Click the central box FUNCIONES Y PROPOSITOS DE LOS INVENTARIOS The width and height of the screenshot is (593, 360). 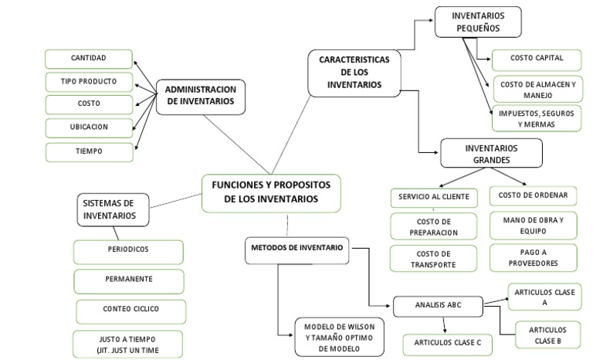pyautogui.click(x=270, y=192)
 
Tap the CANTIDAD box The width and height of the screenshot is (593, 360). pyautogui.click(x=88, y=59)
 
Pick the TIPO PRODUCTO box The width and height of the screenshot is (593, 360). pyautogui.click(x=88, y=81)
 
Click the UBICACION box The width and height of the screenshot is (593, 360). pyautogui.click(x=88, y=127)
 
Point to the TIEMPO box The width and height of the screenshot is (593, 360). pyautogui.click(x=88, y=151)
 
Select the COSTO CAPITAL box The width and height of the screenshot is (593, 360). pyautogui.click(x=537, y=58)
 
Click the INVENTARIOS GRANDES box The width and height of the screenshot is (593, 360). pyautogui.click(x=490, y=153)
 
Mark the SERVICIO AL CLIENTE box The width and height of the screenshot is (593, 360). pyautogui.click(x=434, y=196)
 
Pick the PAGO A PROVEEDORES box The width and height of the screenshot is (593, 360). pyautogui.click(x=534, y=257)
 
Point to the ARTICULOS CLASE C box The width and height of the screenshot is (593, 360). pyautogui.click(x=447, y=342)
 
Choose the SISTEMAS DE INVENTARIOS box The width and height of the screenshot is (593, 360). pyautogui.click(x=109, y=209)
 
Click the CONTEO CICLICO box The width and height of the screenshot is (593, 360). pyautogui.click(x=130, y=309)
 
